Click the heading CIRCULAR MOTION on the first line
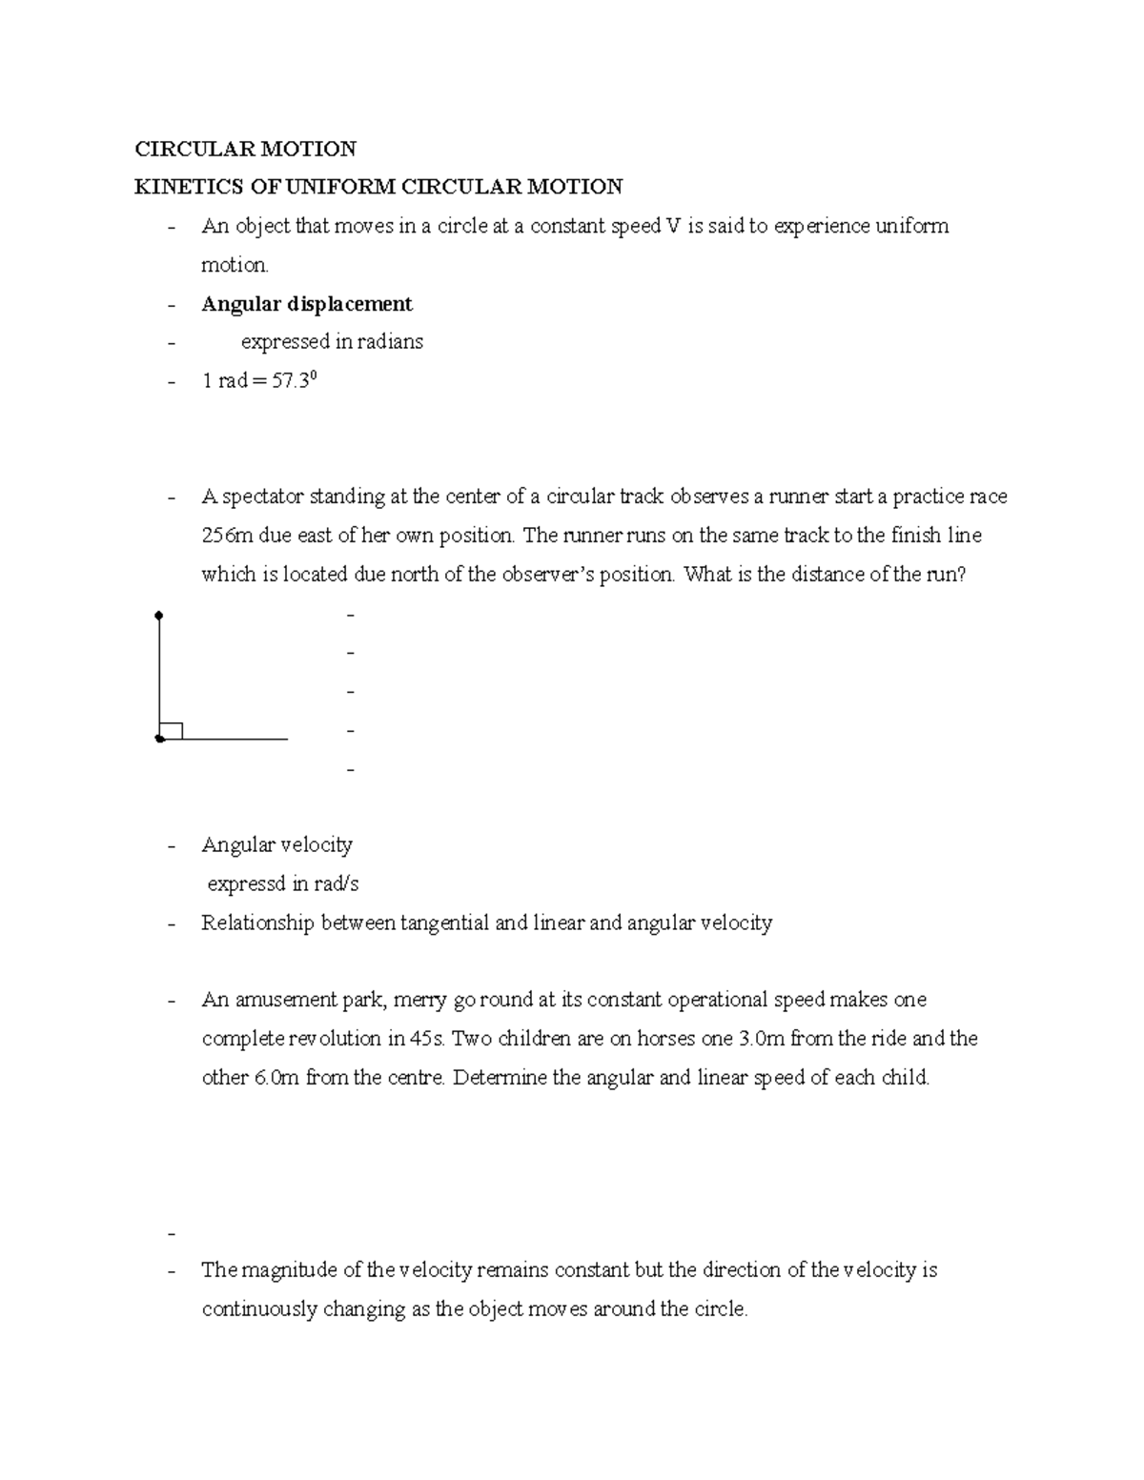coord(245,149)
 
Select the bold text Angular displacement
coord(306,304)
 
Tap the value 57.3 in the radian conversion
coord(292,382)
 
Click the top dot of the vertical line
coord(159,616)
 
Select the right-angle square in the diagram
coord(171,731)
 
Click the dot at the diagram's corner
coord(159,739)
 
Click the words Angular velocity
coord(276,845)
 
